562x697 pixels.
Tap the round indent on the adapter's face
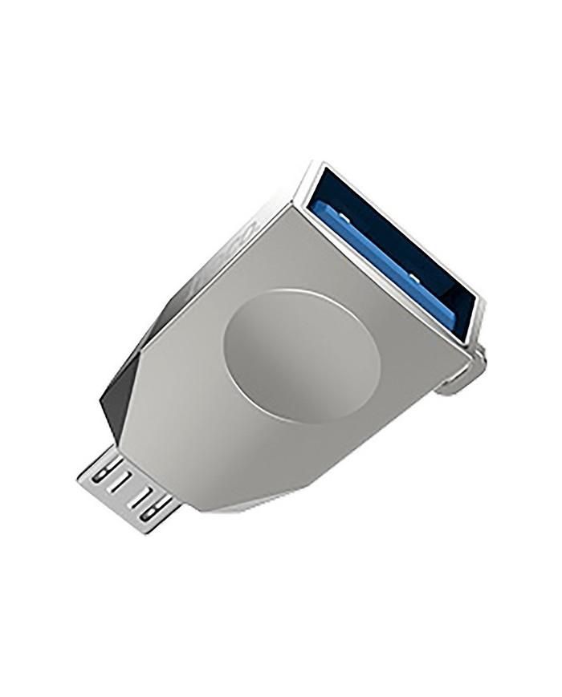pos(301,352)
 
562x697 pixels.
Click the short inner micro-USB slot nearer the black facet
pos(120,486)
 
